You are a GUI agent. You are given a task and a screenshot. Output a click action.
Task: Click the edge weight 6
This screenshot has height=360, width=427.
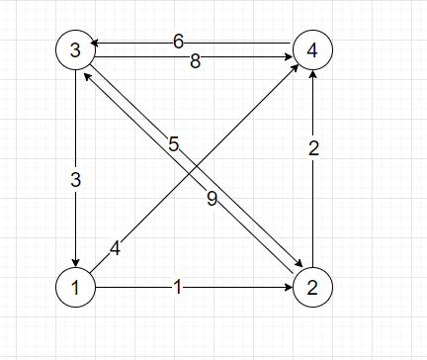[x=178, y=42]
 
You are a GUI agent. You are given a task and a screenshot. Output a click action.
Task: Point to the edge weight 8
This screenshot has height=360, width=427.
[x=195, y=61]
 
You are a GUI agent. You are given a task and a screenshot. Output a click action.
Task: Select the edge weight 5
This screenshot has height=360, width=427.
[x=174, y=145]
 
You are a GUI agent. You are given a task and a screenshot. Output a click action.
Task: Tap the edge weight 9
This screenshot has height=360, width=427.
[x=212, y=198]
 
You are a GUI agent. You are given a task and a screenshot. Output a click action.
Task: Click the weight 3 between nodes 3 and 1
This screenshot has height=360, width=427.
[x=75, y=180]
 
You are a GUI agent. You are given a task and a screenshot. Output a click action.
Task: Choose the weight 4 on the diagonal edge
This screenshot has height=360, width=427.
[x=116, y=248]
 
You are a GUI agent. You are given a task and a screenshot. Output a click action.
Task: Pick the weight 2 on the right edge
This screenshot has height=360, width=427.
[x=313, y=150]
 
